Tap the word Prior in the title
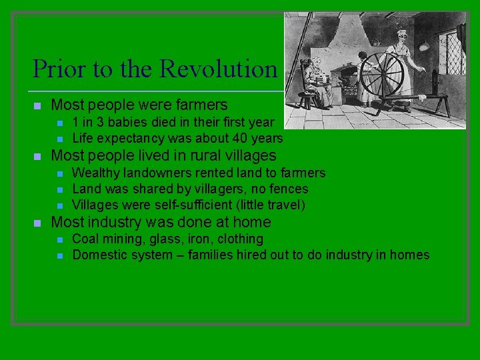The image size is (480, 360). click(57, 69)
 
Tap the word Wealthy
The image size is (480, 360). click(95, 173)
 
